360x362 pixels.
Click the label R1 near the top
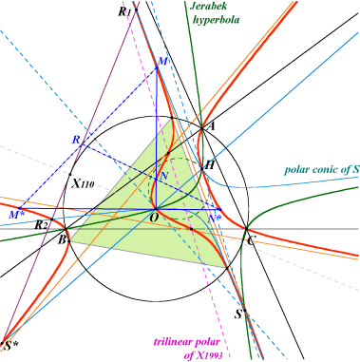[x=124, y=12]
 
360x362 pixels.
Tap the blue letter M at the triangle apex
[x=162, y=62]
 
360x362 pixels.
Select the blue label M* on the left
[x=15, y=215]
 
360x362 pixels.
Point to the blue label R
[x=76, y=140]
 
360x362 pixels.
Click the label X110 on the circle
[x=83, y=183]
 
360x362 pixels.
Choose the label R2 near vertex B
[x=41, y=225]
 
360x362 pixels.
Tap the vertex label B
[x=62, y=239]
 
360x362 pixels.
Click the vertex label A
[x=211, y=126]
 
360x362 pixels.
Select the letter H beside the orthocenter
[x=209, y=165]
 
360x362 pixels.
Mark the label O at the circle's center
[x=153, y=218]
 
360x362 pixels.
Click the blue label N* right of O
[x=216, y=218]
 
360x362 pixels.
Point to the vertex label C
[x=250, y=241]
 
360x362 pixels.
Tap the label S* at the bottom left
[x=11, y=346]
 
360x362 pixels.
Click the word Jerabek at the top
[x=208, y=6]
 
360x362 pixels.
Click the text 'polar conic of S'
[x=321, y=169]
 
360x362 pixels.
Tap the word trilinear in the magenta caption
[x=173, y=342]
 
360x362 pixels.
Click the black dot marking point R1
[x=136, y=10]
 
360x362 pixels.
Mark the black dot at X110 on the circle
[x=70, y=174]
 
